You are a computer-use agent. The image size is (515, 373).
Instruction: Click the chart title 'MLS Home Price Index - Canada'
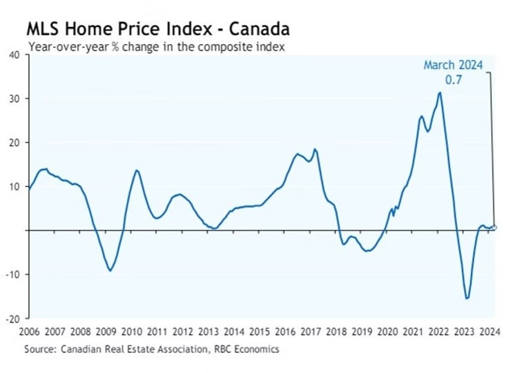click(x=157, y=29)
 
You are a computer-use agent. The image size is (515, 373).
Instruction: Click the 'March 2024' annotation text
click(x=453, y=66)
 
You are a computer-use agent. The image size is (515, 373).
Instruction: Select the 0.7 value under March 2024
click(x=453, y=79)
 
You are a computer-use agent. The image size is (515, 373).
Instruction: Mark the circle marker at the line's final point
click(x=494, y=227)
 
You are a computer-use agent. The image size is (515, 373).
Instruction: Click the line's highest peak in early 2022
click(x=440, y=93)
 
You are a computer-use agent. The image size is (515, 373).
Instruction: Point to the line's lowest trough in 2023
click(x=467, y=298)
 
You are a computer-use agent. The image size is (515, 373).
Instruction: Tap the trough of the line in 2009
click(x=110, y=270)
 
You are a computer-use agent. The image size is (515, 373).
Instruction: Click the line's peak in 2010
click(x=136, y=170)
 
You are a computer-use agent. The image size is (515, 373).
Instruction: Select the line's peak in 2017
click(x=315, y=149)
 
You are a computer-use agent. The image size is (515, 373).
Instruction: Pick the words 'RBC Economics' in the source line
click(x=246, y=350)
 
